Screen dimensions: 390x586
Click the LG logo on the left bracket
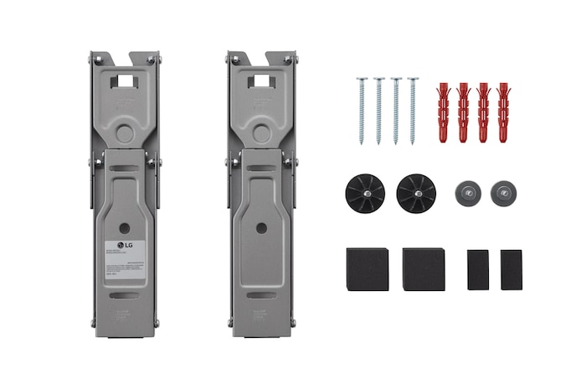click(126, 246)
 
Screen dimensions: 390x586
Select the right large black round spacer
click(416, 194)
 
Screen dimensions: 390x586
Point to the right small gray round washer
click(503, 193)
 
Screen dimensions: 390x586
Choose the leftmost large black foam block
click(366, 268)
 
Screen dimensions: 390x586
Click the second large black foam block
click(423, 268)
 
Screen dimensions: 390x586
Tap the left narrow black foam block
click(477, 269)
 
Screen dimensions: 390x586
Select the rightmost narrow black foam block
click(511, 269)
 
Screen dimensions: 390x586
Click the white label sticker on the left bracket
click(125, 262)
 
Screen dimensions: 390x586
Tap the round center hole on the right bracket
click(262, 227)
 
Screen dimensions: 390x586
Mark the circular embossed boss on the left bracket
click(125, 133)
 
